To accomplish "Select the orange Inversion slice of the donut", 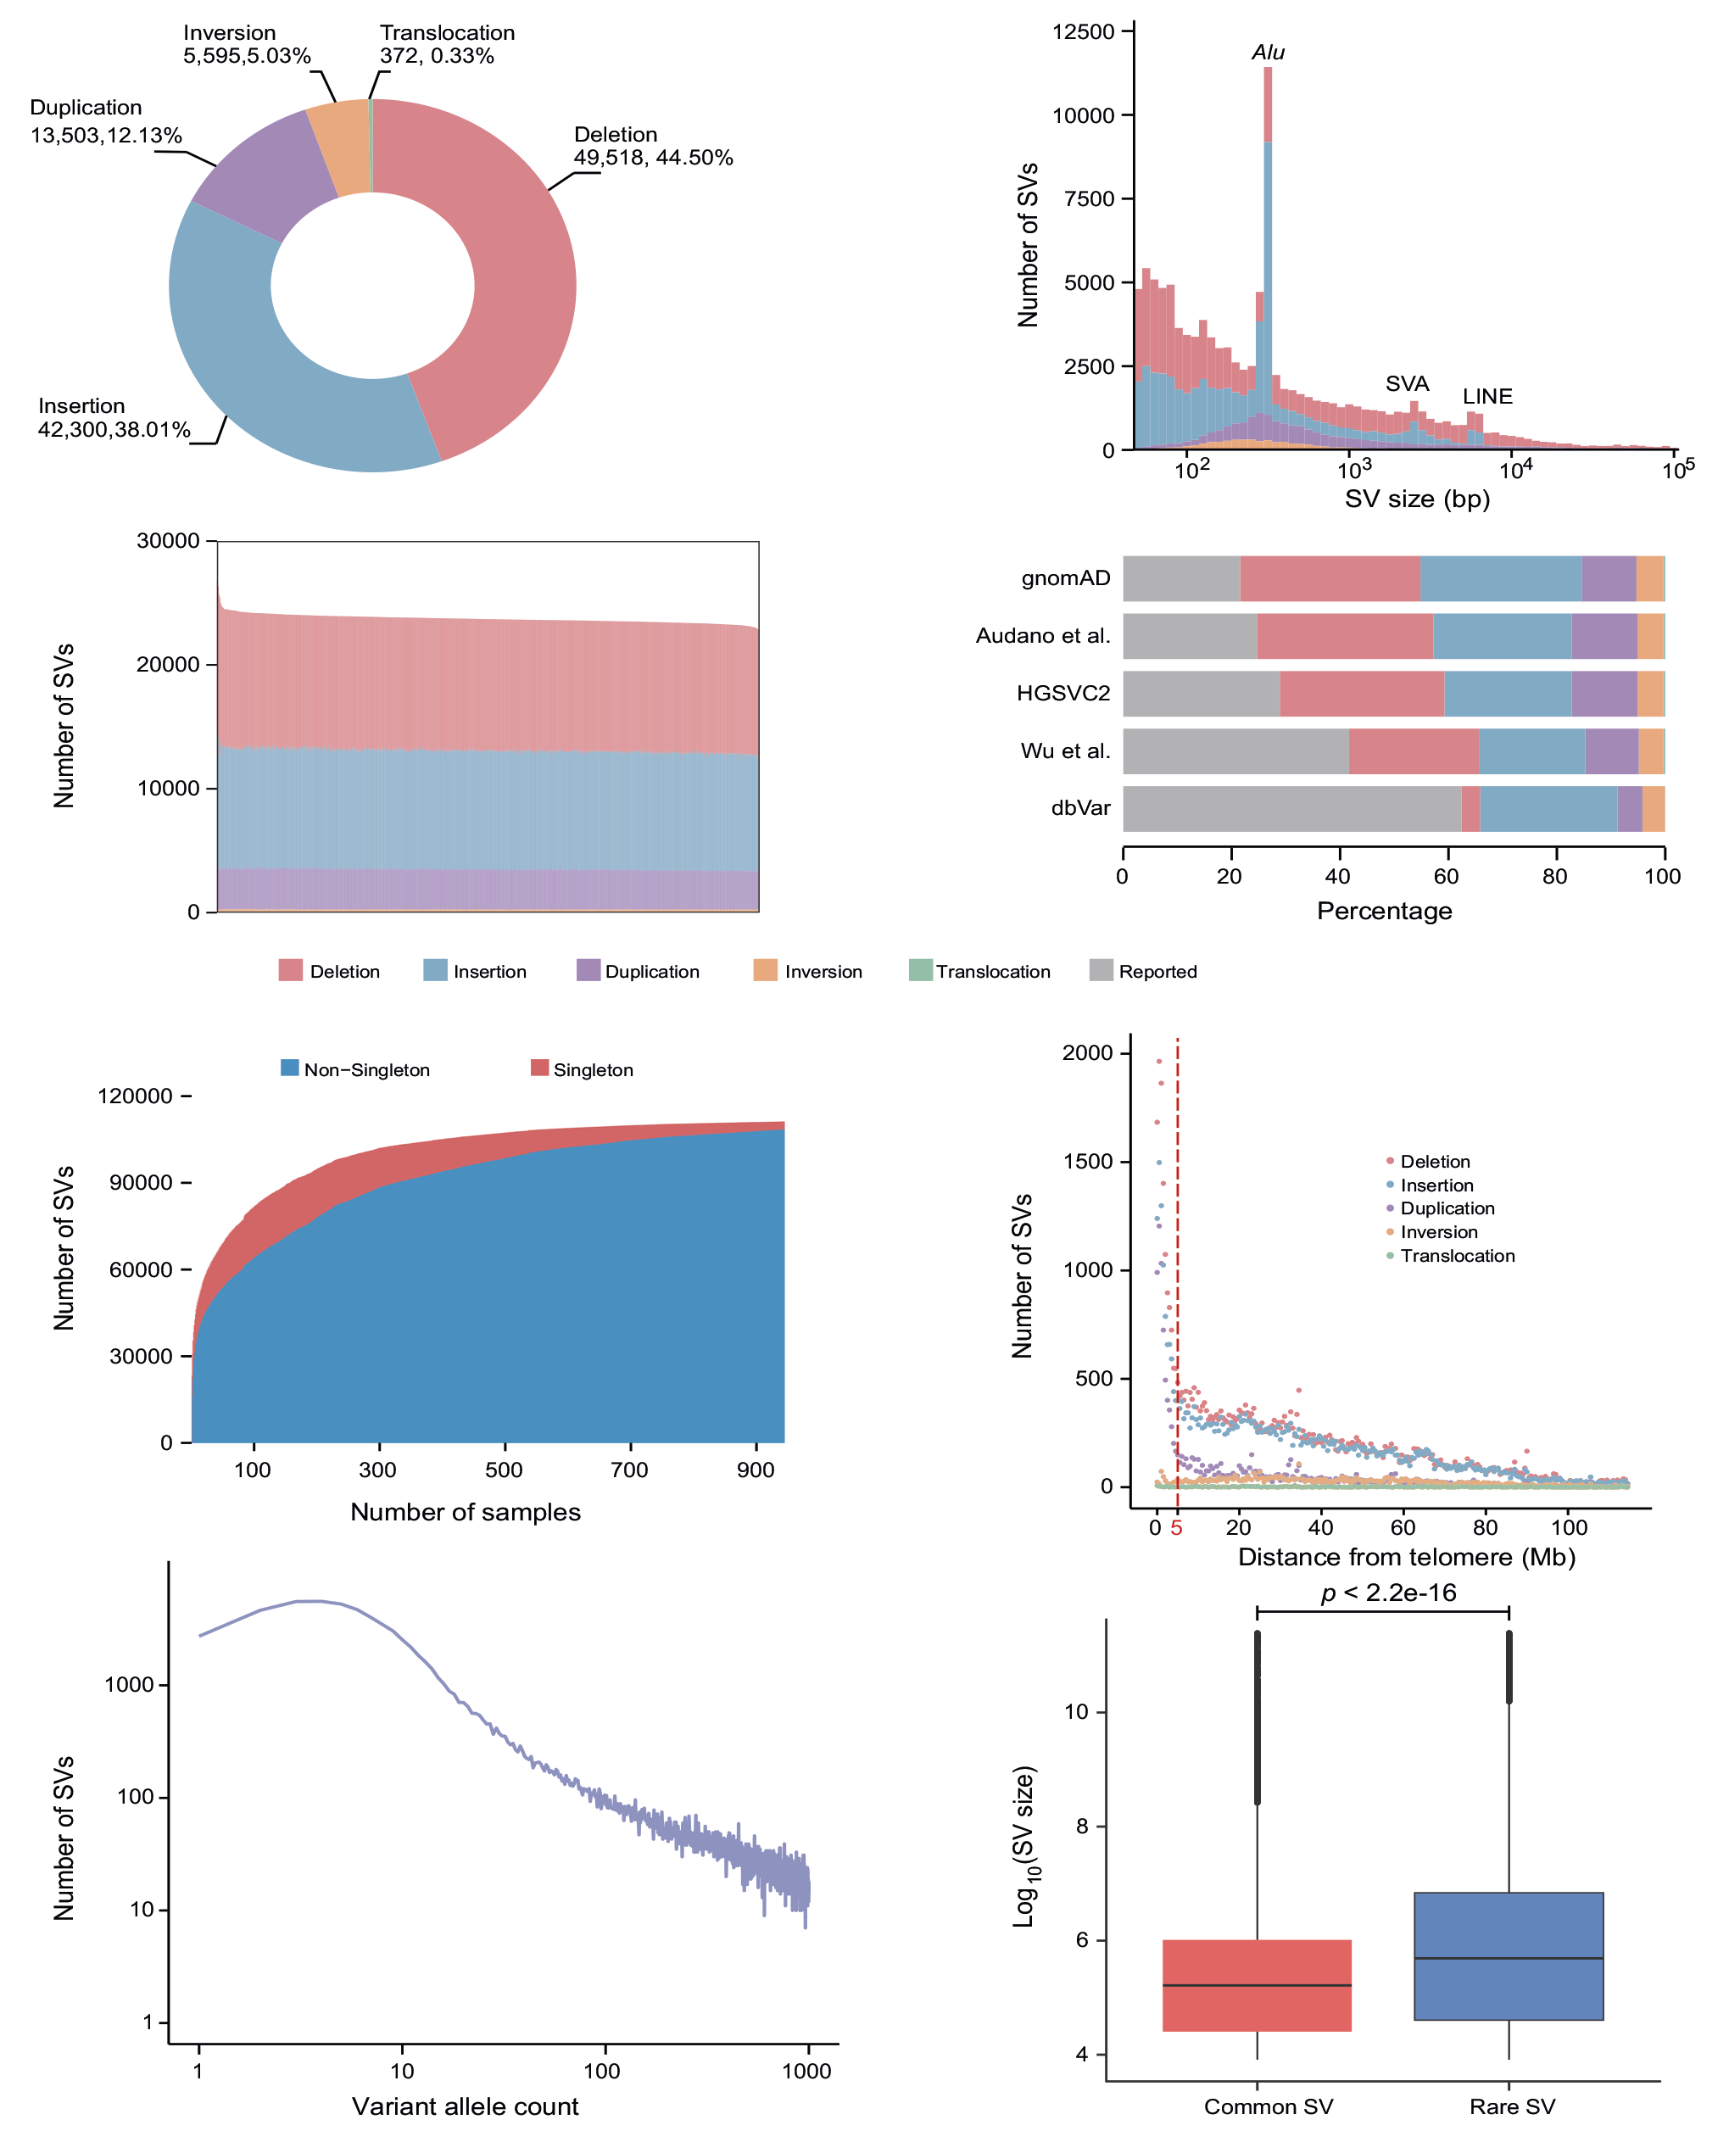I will click(341, 148).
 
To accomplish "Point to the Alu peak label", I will click(1268, 52).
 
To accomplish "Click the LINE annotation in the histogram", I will click(1487, 396).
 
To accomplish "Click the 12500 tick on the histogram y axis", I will click(1083, 32).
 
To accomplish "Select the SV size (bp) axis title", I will click(1416, 499).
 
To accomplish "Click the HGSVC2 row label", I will click(1062, 693).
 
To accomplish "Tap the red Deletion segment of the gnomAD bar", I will click(1329, 578).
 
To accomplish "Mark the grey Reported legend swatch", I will click(1101, 970).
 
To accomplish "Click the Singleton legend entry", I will click(593, 1069).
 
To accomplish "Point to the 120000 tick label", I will click(135, 1096).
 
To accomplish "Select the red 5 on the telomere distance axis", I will click(1176, 1527).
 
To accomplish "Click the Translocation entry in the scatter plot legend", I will click(1457, 1256).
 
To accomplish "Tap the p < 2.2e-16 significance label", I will click(1388, 1593).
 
